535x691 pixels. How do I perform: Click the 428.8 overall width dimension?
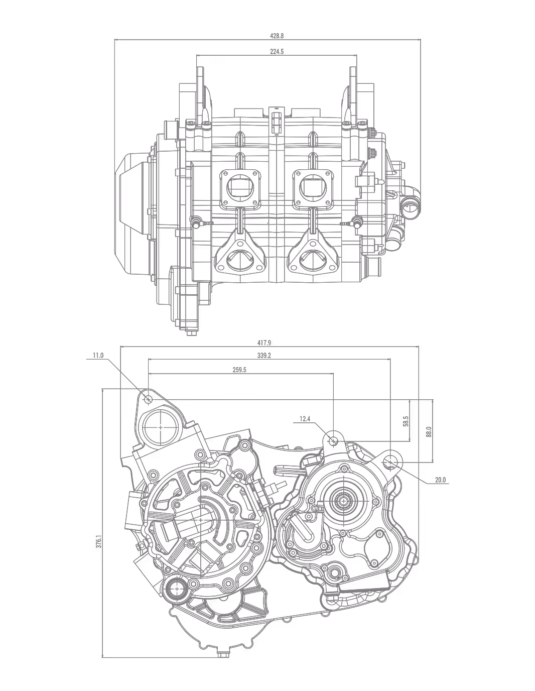point(277,36)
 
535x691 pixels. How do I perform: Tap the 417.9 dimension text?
point(264,342)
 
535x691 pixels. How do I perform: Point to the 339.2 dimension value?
point(264,355)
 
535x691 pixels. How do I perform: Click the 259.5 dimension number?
point(239,370)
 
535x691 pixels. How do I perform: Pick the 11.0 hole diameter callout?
point(98,355)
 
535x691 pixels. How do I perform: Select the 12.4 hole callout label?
point(305,418)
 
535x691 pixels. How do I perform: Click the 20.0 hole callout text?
point(440,480)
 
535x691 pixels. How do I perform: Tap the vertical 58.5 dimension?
point(406,421)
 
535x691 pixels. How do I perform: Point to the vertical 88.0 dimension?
point(428,431)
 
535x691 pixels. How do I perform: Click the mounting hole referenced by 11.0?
point(148,399)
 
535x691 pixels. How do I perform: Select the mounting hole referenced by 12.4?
point(333,441)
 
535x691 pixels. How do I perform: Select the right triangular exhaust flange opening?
point(311,260)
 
